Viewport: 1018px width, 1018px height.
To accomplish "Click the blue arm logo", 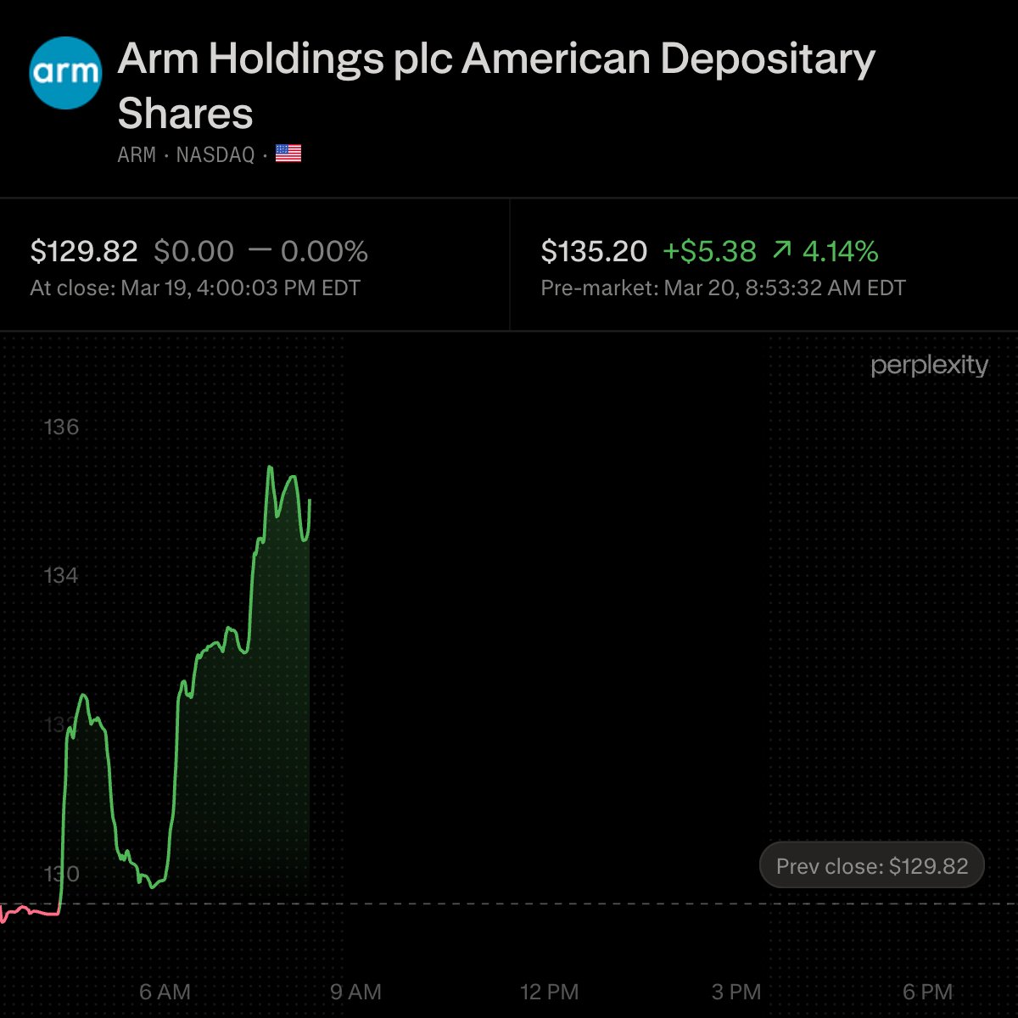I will (x=65, y=73).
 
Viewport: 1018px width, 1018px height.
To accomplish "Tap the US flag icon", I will (x=288, y=154).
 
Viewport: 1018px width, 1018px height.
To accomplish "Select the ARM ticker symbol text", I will (x=136, y=154).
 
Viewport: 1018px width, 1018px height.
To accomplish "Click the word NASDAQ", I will (x=215, y=154).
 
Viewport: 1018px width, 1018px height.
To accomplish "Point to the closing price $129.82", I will (x=84, y=251).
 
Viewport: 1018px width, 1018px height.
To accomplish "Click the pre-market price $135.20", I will (x=594, y=251).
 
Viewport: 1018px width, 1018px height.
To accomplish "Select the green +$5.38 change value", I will (x=709, y=251).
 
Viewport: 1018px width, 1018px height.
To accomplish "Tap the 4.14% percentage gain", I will (x=840, y=251).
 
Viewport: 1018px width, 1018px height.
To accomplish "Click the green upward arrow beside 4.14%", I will (x=782, y=250).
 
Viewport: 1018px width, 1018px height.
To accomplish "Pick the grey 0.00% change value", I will (x=324, y=251).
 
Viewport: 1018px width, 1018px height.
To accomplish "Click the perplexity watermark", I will (x=929, y=366).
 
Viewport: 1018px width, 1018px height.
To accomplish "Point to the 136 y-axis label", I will (x=61, y=427).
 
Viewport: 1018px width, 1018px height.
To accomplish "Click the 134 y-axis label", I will (x=61, y=576).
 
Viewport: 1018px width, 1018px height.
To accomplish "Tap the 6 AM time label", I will (x=165, y=992).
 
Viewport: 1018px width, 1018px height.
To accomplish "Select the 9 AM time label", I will (x=355, y=992).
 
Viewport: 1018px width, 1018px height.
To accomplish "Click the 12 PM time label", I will (x=549, y=992).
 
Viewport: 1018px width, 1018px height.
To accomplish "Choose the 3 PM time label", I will (x=736, y=992).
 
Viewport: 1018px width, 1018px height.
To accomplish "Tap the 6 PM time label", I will (x=927, y=992).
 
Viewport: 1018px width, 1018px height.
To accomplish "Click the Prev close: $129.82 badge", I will (x=871, y=866).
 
